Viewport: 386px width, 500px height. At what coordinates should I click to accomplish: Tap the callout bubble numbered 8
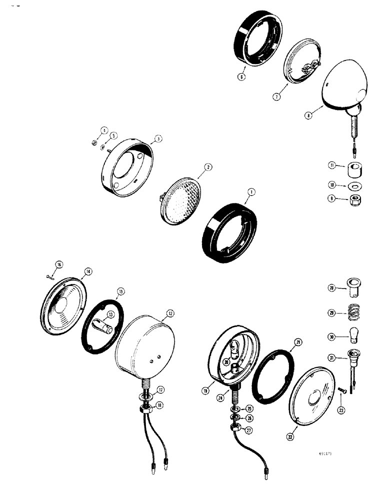pyautogui.click(x=308, y=114)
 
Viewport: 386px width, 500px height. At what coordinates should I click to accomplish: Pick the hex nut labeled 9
pyautogui.click(x=353, y=199)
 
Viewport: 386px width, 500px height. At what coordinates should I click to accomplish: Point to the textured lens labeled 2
pyautogui.click(x=186, y=197)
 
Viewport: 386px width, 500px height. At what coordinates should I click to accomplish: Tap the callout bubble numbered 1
pyautogui.click(x=250, y=191)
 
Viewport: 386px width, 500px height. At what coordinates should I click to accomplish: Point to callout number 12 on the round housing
pyautogui.click(x=170, y=313)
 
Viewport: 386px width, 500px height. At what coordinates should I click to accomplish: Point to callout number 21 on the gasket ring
pyautogui.click(x=298, y=342)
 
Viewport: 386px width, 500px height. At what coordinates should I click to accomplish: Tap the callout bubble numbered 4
pyautogui.click(x=104, y=130)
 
